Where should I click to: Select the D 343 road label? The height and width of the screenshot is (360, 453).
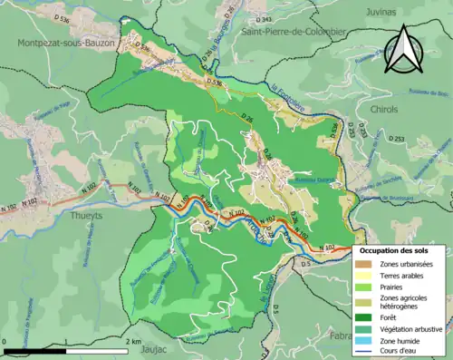click(x=264, y=19)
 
